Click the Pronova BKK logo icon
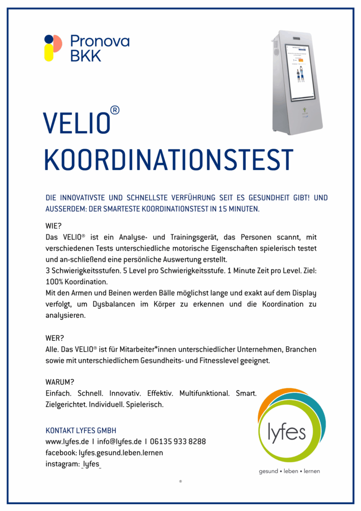pos(52,48)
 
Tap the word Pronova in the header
pos(100,41)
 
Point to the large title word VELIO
pos(76,123)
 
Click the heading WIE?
pos(53,226)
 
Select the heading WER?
pos(54,338)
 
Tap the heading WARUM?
pos(60,382)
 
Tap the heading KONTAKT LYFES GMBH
pos(81,430)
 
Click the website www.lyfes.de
pos(67,442)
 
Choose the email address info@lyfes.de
pos(119,442)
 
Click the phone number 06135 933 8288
pos(178,442)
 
